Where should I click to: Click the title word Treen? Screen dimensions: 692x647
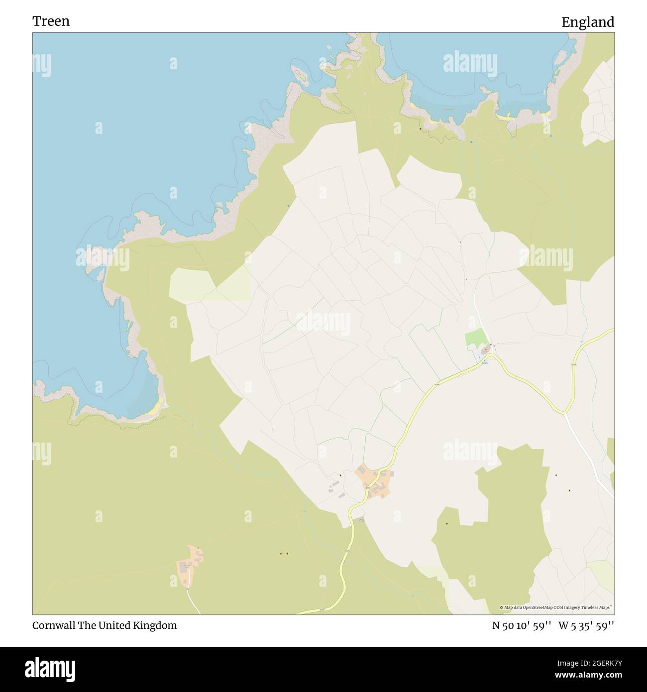(x=51, y=21)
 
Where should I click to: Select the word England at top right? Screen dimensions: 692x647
(x=588, y=22)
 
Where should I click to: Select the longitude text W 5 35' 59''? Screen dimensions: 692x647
(x=586, y=626)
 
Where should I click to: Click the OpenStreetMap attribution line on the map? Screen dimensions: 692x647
(x=557, y=607)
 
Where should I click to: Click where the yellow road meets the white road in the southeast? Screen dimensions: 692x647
(x=565, y=413)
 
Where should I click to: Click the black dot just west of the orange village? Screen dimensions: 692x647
(x=340, y=475)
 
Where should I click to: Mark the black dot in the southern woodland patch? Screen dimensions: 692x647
(x=447, y=524)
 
